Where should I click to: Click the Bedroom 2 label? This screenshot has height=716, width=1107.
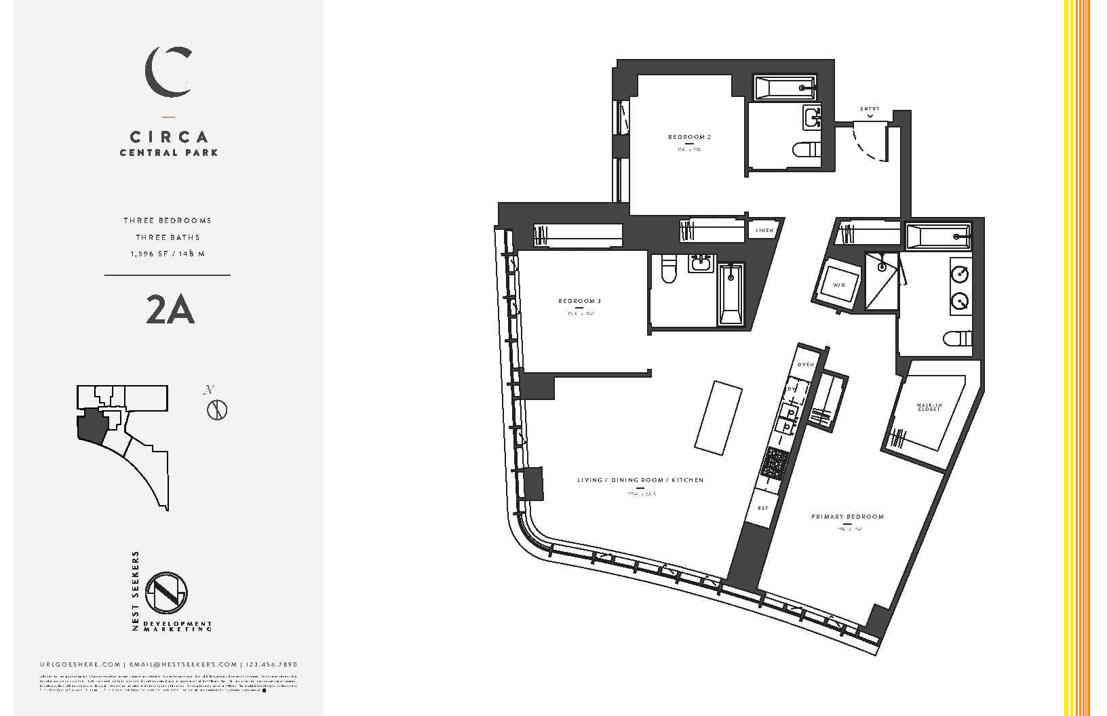point(689,137)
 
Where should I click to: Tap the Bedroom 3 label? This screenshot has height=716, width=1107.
point(580,301)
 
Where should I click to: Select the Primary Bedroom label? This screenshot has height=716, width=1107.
point(847,517)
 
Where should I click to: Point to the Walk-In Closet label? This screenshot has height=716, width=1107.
point(929,407)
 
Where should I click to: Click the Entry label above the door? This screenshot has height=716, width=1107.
point(870,108)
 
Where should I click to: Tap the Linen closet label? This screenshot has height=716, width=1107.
point(764,231)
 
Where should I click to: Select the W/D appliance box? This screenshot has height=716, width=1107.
point(838,285)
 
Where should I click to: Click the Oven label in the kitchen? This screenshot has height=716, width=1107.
point(805,365)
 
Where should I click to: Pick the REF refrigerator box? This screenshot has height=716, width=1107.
point(763,507)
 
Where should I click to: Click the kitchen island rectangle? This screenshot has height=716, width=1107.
point(718,416)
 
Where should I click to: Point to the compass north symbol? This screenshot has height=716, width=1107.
point(216,410)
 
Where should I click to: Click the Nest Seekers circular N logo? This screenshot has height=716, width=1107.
point(167,592)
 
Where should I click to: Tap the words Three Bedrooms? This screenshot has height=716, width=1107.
point(167,220)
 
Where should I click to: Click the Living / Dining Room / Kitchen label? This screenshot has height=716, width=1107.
point(640,480)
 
